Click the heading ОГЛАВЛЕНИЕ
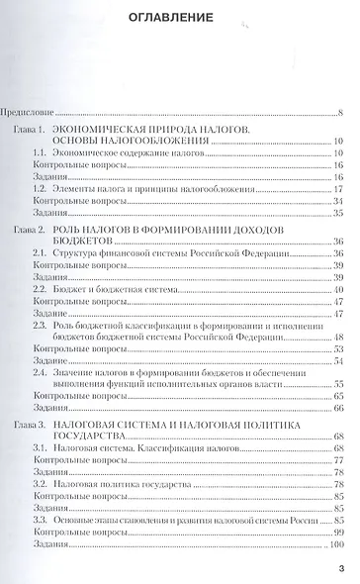click(179, 18)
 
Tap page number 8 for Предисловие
click(339, 114)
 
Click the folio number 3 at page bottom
click(339, 567)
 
